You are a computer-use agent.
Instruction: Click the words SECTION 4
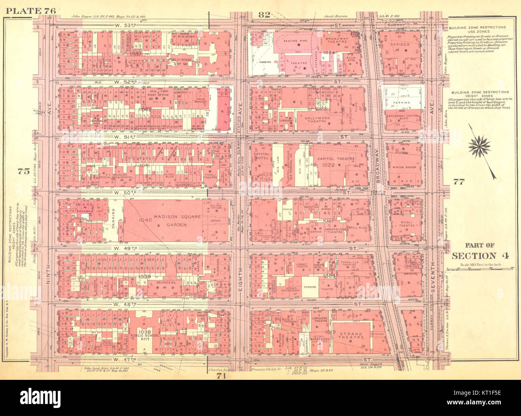(x=481, y=256)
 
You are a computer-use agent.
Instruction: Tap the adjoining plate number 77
(x=458, y=181)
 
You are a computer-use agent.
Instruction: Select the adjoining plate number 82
(x=264, y=15)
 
